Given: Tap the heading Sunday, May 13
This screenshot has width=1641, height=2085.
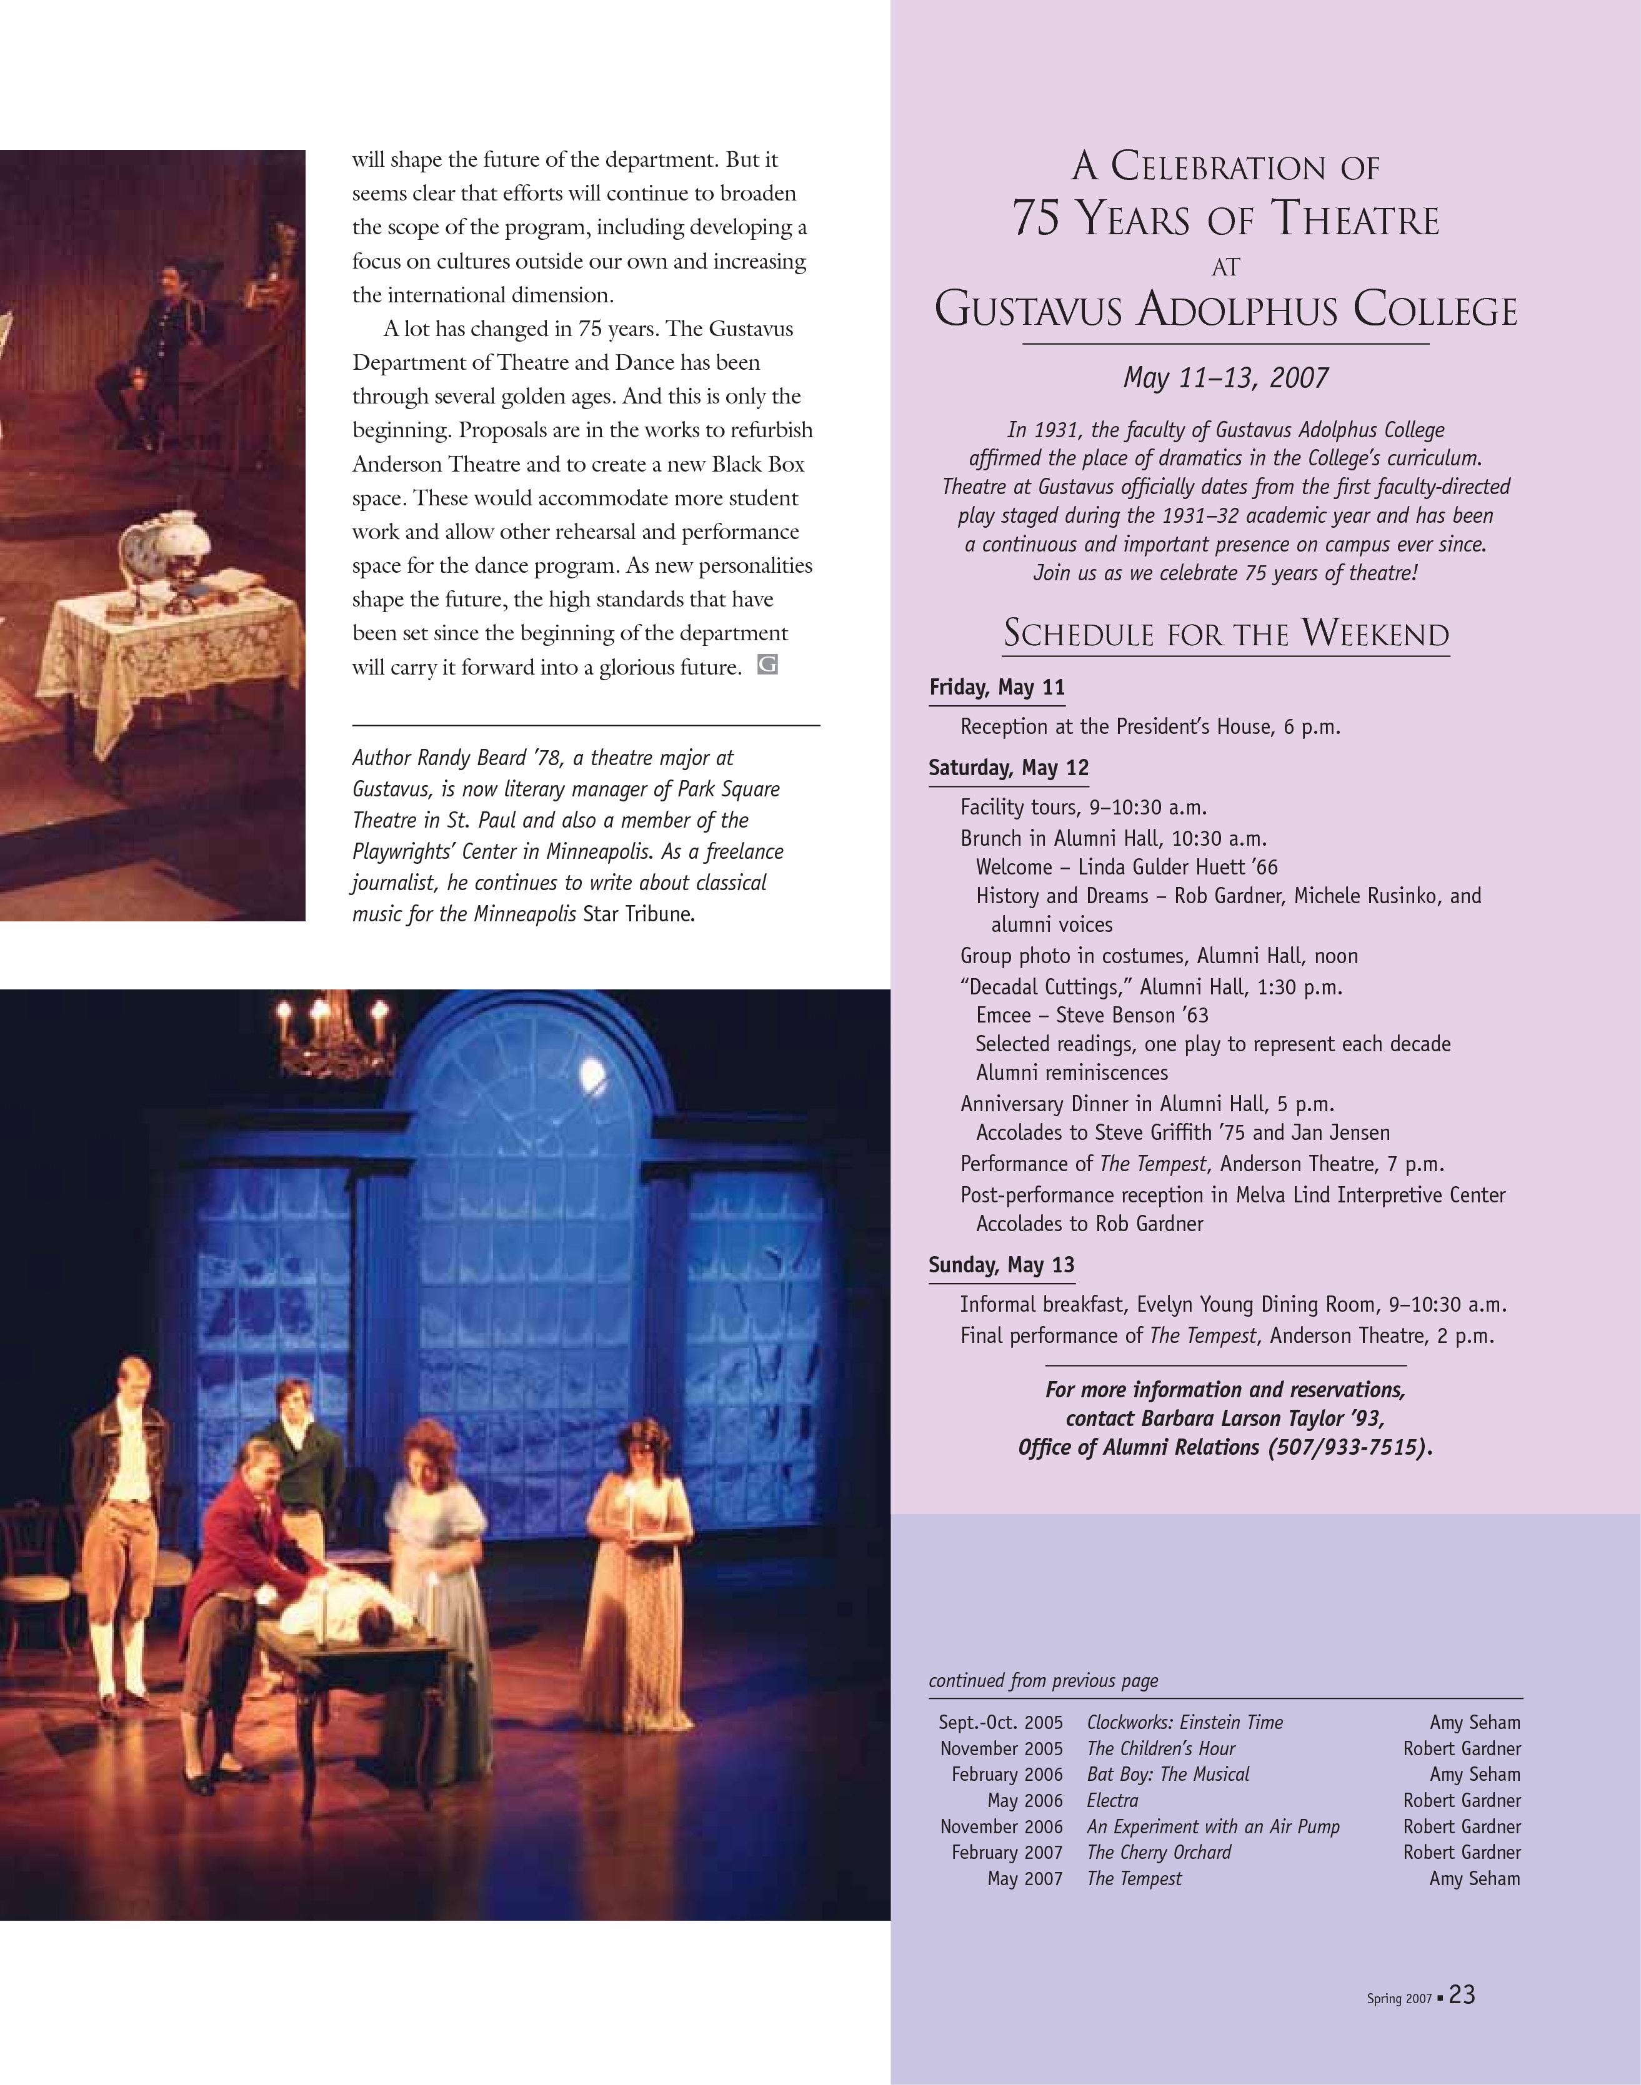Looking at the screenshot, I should coord(1001,1265).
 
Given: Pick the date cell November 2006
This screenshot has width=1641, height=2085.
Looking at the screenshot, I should coord(1001,1826).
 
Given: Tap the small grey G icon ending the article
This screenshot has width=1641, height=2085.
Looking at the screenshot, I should coord(767,665).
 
